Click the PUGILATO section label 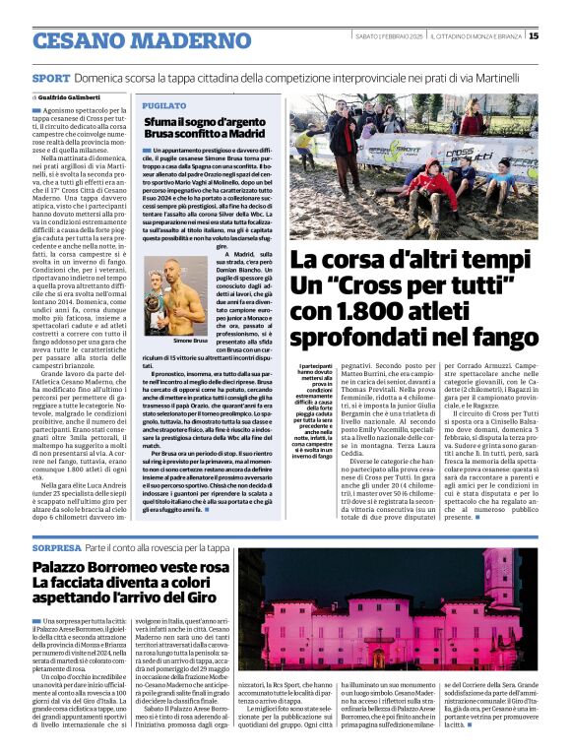pos(163,104)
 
